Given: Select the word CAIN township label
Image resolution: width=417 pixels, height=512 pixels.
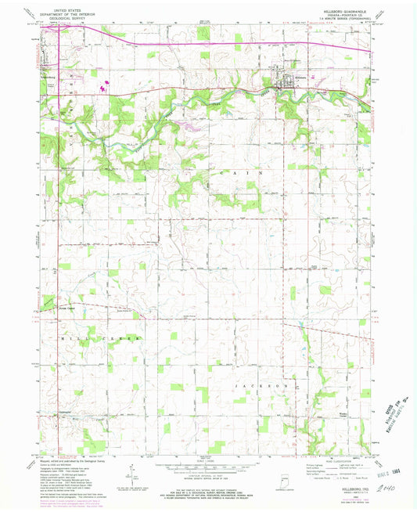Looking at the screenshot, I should coord(235,171).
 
